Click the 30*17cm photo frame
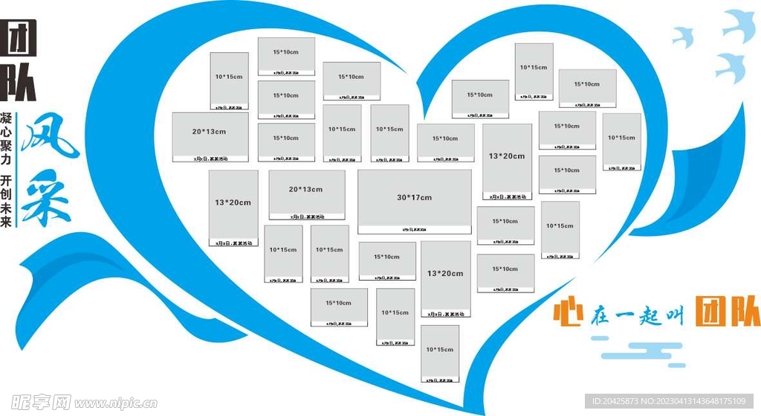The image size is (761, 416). point(414,197)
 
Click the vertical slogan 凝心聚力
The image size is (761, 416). point(6,139)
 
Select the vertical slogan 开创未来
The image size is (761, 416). point(6,201)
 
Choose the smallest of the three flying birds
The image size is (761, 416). point(682,35)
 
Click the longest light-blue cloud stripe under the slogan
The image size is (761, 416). point(654,347)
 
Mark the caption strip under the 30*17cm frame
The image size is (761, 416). point(414,229)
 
